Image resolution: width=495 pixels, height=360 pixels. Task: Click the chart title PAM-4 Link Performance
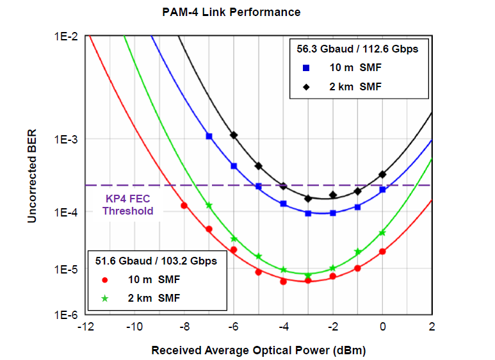pyautogui.click(x=231, y=12)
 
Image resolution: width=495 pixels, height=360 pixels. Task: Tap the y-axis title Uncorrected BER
pyautogui.click(x=32, y=176)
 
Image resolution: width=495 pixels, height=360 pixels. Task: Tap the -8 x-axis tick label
pyautogui.click(x=184, y=327)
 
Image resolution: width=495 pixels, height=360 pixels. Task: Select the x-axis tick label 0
pyautogui.click(x=382, y=327)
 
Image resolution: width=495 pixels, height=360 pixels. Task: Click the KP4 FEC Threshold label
pyautogui.click(x=129, y=205)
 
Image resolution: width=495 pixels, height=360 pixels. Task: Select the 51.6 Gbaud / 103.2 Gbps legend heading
pyautogui.click(x=156, y=261)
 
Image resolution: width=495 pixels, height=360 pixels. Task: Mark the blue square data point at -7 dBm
pyautogui.click(x=209, y=136)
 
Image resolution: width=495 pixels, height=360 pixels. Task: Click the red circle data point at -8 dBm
pyautogui.click(x=184, y=206)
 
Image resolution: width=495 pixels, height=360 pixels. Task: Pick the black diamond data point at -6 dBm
pyautogui.click(x=234, y=135)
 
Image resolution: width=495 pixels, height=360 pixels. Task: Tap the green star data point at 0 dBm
pyautogui.click(x=382, y=233)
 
